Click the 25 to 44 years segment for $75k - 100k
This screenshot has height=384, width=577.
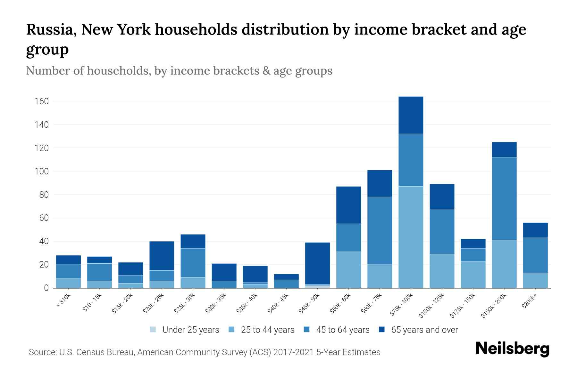[x=411, y=237]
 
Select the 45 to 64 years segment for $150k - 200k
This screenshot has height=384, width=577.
[x=504, y=198]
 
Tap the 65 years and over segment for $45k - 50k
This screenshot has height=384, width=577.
[x=317, y=263]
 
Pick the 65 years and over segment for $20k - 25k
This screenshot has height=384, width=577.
[x=162, y=256]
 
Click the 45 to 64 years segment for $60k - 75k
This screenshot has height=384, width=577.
[x=380, y=230]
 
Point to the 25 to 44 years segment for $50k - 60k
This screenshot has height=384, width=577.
[x=348, y=270]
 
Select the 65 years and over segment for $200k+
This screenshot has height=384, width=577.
[x=535, y=230]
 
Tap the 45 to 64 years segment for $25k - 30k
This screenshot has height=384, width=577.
[x=193, y=263]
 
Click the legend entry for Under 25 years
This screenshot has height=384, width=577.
[x=185, y=330]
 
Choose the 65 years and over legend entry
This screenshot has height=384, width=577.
[x=418, y=330]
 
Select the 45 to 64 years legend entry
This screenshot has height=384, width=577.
[x=337, y=330]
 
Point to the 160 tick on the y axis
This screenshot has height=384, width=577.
[x=42, y=101]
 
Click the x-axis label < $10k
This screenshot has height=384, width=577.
[x=64, y=301]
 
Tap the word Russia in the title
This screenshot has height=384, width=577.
[x=51, y=30]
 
